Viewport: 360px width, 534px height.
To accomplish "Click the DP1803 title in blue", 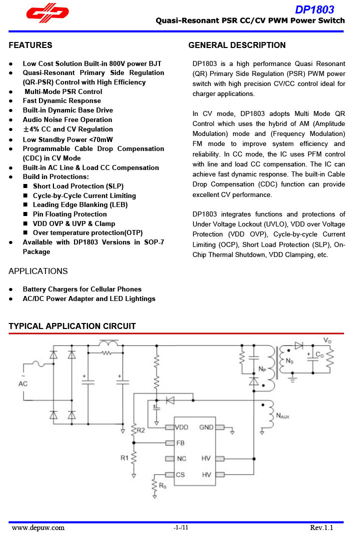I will (314, 9).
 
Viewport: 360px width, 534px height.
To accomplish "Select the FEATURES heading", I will (30, 45).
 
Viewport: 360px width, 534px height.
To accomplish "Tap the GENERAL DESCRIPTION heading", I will (237, 45).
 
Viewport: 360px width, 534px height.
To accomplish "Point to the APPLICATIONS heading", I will (38, 271).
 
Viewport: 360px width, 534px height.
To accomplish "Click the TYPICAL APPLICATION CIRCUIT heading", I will (72, 326).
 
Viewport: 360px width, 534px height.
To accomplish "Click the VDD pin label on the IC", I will (182, 427).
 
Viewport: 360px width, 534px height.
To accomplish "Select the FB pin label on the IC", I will (180, 443).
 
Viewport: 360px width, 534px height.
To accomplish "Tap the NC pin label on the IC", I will (181, 458).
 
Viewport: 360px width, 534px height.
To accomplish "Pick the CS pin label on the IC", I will (180, 474).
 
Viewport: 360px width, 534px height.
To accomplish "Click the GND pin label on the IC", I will (206, 427).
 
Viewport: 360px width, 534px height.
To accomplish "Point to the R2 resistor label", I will (140, 430).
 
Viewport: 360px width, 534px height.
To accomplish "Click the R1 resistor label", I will (124, 457).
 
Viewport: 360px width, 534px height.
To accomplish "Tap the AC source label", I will (23, 383).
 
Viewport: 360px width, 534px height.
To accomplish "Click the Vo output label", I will (327, 340).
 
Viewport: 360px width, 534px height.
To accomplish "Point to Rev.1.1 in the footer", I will (321, 527).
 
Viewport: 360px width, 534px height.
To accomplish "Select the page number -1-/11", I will (180, 527).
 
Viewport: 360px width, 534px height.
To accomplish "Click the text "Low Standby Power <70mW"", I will (67, 139).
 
